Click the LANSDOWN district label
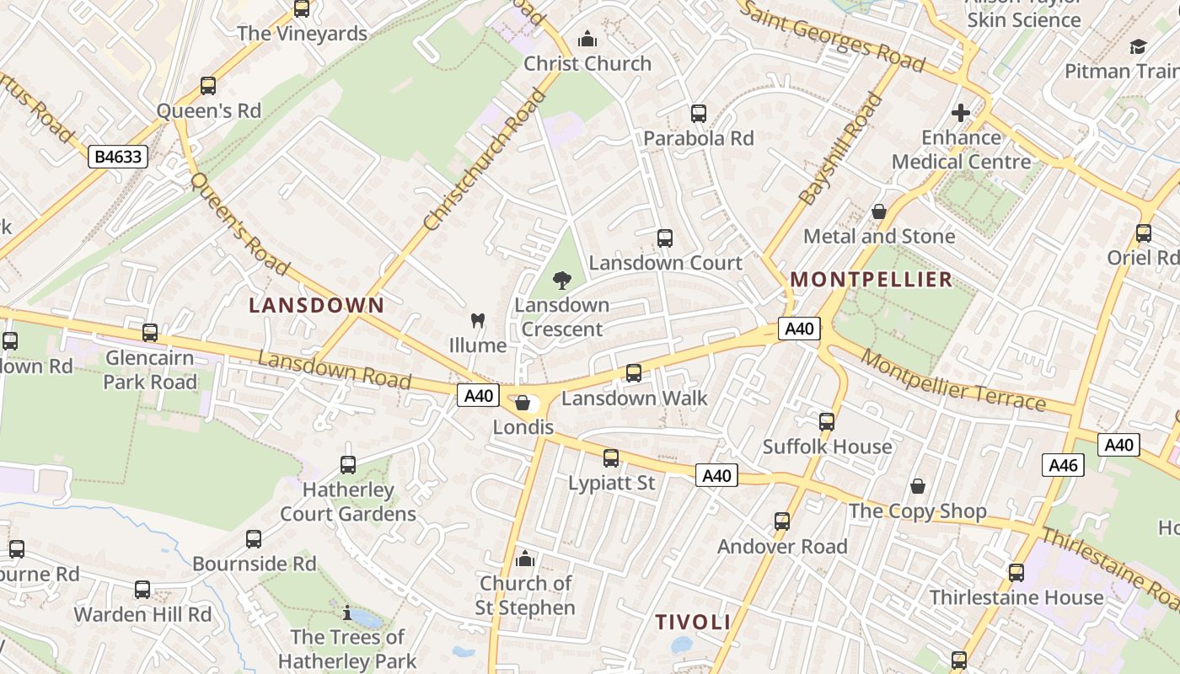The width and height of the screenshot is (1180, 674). pos(316,306)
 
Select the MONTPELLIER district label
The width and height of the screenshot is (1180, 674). pos(871,280)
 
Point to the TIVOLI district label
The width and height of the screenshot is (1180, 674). pos(693,623)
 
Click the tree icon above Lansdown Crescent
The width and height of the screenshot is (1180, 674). pos(561,281)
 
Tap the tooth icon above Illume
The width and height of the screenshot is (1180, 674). pos(477,321)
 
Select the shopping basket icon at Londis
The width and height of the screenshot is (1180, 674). pos(523,403)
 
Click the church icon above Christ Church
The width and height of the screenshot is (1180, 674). pos(587,39)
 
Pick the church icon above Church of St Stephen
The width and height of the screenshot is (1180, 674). pos(524,559)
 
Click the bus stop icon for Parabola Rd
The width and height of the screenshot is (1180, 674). pos(698,114)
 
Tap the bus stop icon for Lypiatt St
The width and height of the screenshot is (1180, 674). pos(611,458)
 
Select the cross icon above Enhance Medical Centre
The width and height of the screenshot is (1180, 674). pos(961,113)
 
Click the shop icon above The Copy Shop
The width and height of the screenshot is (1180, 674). pos(918,486)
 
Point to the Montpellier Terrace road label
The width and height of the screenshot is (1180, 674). pos(954,382)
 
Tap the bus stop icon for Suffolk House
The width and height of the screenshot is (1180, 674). pos(827,422)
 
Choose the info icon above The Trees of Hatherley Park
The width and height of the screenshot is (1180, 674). pos(347,612)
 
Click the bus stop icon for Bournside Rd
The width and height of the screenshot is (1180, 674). pos(254,539)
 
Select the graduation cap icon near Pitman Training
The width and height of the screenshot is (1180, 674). pos(1138,47)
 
